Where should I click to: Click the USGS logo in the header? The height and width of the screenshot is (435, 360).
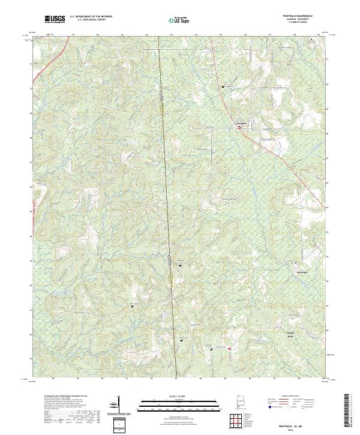(55, 20)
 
